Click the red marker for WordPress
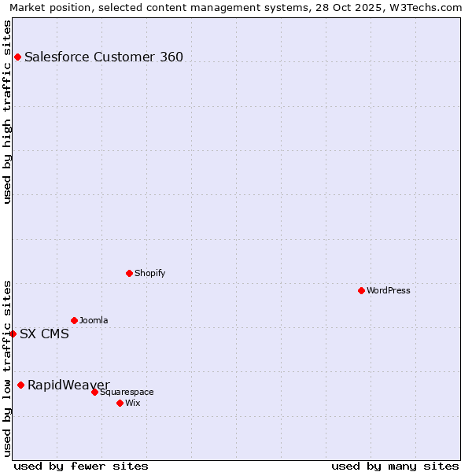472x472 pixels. click(361, 290)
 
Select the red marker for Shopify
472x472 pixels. click(129, 273)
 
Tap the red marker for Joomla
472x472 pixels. click(74, 320)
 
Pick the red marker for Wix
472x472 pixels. click(120, 403)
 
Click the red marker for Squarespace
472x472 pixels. click(94, 392)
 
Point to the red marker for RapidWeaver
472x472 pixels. click(20, 385)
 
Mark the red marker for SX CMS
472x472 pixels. click(13, 334)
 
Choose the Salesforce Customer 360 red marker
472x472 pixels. click(17, 57)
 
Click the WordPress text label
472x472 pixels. click(389, 290)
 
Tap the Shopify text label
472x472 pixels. click(149, 273)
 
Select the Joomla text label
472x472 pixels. click(94, 320)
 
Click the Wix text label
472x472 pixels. click(132, 403)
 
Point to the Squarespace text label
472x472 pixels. click(127, 392)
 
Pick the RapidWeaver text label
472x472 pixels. click(68, 385)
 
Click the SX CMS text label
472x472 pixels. click(44, 334)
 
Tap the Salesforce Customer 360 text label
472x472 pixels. click(104, 57)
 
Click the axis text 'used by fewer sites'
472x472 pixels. click(81, 466)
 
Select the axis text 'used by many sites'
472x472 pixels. click(395, 466)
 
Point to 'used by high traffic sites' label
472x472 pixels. click(7, 112)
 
